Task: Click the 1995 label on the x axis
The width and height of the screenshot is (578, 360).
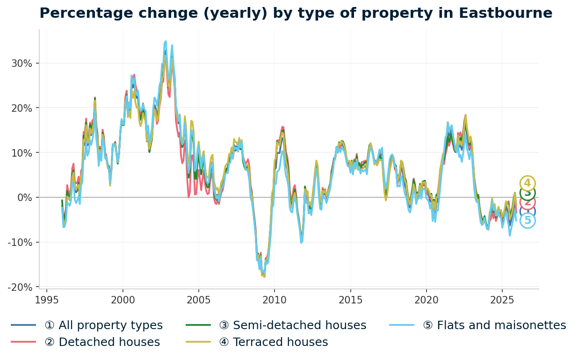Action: tap(47, 300)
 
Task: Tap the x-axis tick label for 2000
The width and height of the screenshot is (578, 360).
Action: tap(123, 300)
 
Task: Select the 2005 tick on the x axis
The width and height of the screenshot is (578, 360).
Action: tap(198, 300)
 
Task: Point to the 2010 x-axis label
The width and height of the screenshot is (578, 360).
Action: tap(275, 300)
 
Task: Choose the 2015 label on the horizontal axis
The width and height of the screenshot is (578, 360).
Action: tap(350, 300)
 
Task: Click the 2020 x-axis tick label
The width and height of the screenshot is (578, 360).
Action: tap(426, 300)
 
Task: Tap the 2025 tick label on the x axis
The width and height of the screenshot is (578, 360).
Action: tap(502, 300)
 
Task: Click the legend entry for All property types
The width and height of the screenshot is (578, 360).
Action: tap(103, 325)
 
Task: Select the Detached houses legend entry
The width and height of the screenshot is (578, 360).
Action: tap(102, 342)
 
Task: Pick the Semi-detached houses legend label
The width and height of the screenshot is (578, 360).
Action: tap(293, 325)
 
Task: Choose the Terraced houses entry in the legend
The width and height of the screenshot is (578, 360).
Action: tap(273, 342)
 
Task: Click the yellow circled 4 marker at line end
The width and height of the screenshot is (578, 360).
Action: tap(527, 183)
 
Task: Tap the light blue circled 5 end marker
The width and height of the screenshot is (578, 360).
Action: tap(527, 220)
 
